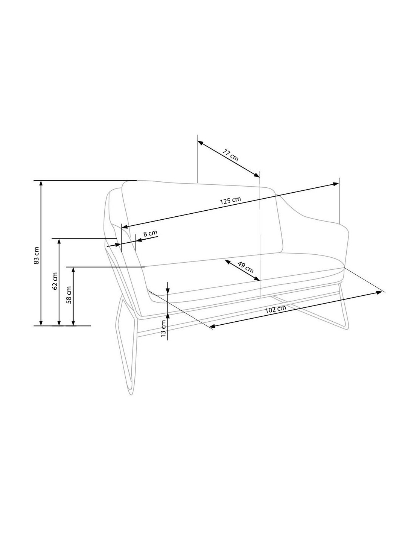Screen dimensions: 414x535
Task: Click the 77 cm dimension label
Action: tap(230, 155)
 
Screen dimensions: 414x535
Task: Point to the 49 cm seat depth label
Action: tap(245, 267)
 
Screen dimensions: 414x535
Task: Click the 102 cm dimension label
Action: tap(275, 309)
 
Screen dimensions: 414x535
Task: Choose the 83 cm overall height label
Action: tap(37, 255)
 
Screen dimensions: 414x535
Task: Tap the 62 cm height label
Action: tap(55, 281)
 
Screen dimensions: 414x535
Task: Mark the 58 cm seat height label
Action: tap(69, 295)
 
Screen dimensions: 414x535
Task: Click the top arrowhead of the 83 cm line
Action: tap(41, 183)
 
